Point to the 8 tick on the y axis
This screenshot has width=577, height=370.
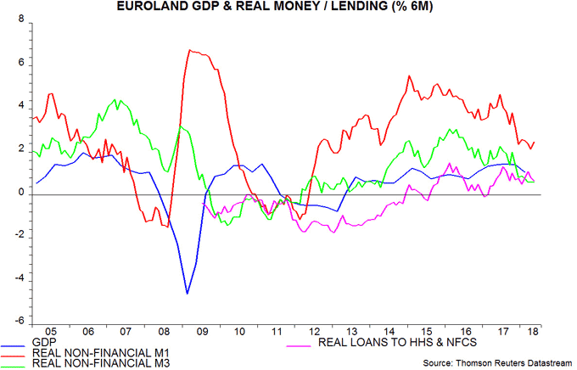point(20,20)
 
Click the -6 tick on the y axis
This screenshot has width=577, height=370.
point(19,323)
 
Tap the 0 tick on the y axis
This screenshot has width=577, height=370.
point(20,193)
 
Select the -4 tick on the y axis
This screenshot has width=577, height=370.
point(19,280)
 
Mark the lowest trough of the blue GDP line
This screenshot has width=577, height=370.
point(188,294)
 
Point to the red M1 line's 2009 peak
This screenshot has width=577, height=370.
point(190,50)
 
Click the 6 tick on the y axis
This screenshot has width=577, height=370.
point(20,64)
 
